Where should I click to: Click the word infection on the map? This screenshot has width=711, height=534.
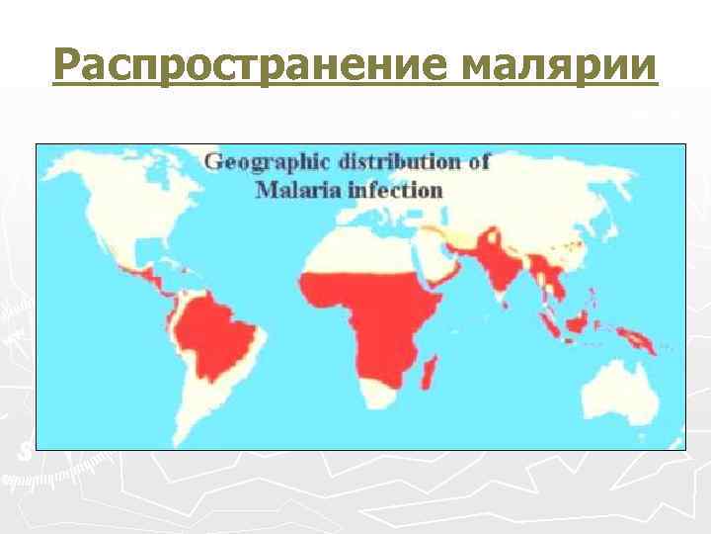(394, 189)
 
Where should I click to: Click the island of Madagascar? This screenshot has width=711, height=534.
(430, 375)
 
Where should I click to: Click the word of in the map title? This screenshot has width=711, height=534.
(479, 162)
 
